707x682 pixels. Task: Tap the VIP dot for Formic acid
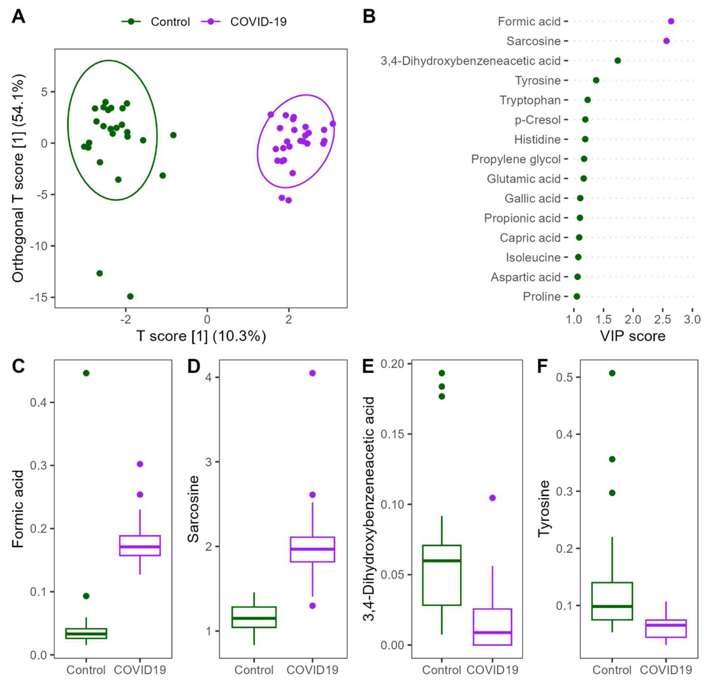tap(671, 21)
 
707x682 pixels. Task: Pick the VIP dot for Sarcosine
tap(666, 41)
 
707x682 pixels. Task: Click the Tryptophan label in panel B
tap(530, 100)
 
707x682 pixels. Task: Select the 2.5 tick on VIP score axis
tap(662, 319)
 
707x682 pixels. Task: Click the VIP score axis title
tap(633, 336)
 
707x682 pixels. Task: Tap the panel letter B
tap(369, 17)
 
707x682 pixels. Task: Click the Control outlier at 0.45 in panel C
tap(86, 373)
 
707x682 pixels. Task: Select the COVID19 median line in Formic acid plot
tap(140, 547)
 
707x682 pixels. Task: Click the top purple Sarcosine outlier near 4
tap(312, 373)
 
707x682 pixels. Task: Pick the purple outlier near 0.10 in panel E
tap(492, 498)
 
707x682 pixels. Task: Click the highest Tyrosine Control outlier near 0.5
tap(612, 373)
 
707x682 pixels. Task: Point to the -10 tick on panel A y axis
tap(39, 246)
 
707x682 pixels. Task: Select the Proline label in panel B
tap(541, 297)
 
